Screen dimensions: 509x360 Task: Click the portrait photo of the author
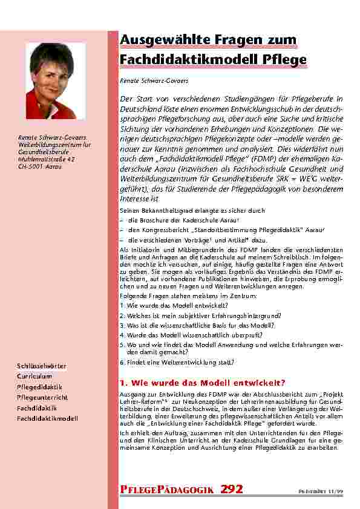pyautogui.click(x=56, y=73)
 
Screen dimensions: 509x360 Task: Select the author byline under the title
pyautogui.click(x=145, y=80)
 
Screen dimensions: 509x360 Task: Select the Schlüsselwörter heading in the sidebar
pyautogui.click(x=42, y=366)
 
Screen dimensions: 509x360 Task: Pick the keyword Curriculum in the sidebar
pyautogui.click(x=34, y=377)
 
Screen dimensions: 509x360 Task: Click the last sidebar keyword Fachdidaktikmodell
pyautogui.click(x=47, y=418)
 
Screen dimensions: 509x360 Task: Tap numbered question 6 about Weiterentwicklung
pyautogui.click(x=177, y=362)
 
